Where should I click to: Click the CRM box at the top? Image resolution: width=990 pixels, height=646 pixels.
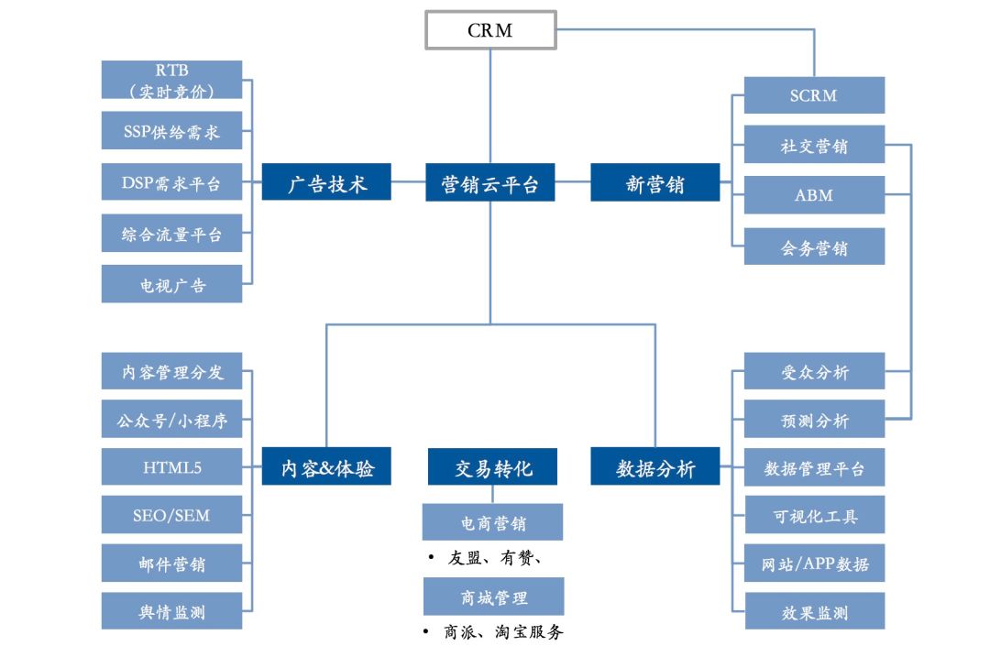(490, 29)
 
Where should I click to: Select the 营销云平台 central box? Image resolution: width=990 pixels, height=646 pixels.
(490, 183)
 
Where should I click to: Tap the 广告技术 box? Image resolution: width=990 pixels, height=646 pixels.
(326, 183)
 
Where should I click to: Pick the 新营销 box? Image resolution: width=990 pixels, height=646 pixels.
(654, 183)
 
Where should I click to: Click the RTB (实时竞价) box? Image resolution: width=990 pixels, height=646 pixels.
(171, 80)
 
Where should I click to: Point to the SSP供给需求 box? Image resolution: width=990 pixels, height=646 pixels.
(171, 132)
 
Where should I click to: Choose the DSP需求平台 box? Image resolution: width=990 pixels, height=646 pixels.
(171, 182)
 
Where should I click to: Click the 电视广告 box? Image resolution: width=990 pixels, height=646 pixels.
(171, 285)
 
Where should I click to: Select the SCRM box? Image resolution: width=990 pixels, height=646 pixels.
(814, 95)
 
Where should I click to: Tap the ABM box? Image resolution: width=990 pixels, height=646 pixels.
(814, 195)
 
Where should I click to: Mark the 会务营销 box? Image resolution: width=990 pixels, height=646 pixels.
(814, 247)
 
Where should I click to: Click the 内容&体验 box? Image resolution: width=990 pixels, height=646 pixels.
(326, 467)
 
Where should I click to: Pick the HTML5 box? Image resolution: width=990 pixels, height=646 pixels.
(171, 467)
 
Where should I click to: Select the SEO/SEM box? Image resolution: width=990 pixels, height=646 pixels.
(171, 515)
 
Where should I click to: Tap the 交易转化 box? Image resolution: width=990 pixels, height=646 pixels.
(493, 467)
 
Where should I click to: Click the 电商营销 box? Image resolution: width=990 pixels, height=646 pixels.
(493, 522)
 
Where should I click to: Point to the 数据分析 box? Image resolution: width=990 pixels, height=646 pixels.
(654, 467)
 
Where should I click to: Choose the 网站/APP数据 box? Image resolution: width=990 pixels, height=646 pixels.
(814, 564)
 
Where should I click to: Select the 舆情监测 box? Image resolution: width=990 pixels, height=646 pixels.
(171, 611)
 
